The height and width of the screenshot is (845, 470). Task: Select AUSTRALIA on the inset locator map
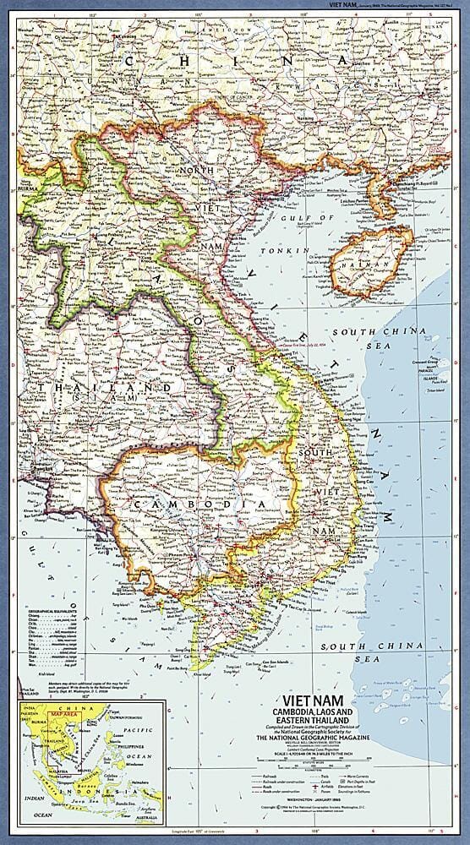(x=145, y=815)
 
